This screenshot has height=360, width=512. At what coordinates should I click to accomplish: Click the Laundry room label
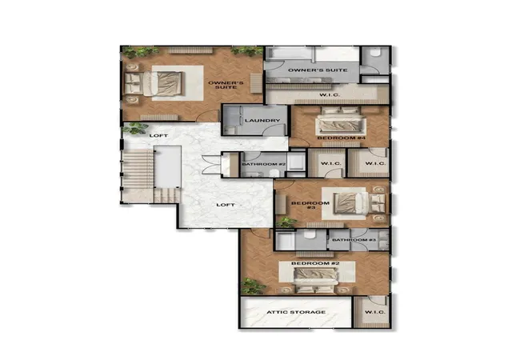[262, 121]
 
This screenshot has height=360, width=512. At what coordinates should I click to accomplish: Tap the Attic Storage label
[296, 312]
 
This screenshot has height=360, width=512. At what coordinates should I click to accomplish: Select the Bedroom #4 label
[341, 138]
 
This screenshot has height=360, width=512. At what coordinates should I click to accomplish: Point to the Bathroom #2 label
[264, 164]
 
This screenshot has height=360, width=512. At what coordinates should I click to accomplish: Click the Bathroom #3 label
[354, 240]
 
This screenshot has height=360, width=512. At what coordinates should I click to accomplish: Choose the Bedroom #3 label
[310, 205]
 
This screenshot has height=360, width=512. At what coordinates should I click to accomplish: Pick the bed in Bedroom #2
[314, 280]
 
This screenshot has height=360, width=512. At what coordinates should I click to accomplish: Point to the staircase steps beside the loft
[138, 169]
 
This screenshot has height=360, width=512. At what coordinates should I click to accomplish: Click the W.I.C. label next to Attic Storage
[375, 312]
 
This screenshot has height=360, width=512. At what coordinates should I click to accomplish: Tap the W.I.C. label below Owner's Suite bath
[330, 94]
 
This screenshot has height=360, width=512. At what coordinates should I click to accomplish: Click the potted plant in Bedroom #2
[253, 286]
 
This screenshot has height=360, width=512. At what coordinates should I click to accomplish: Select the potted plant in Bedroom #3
[286, 222]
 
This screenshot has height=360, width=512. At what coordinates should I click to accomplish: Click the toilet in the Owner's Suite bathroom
[375, 54]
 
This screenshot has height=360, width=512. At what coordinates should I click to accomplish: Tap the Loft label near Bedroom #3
[226, 205]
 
